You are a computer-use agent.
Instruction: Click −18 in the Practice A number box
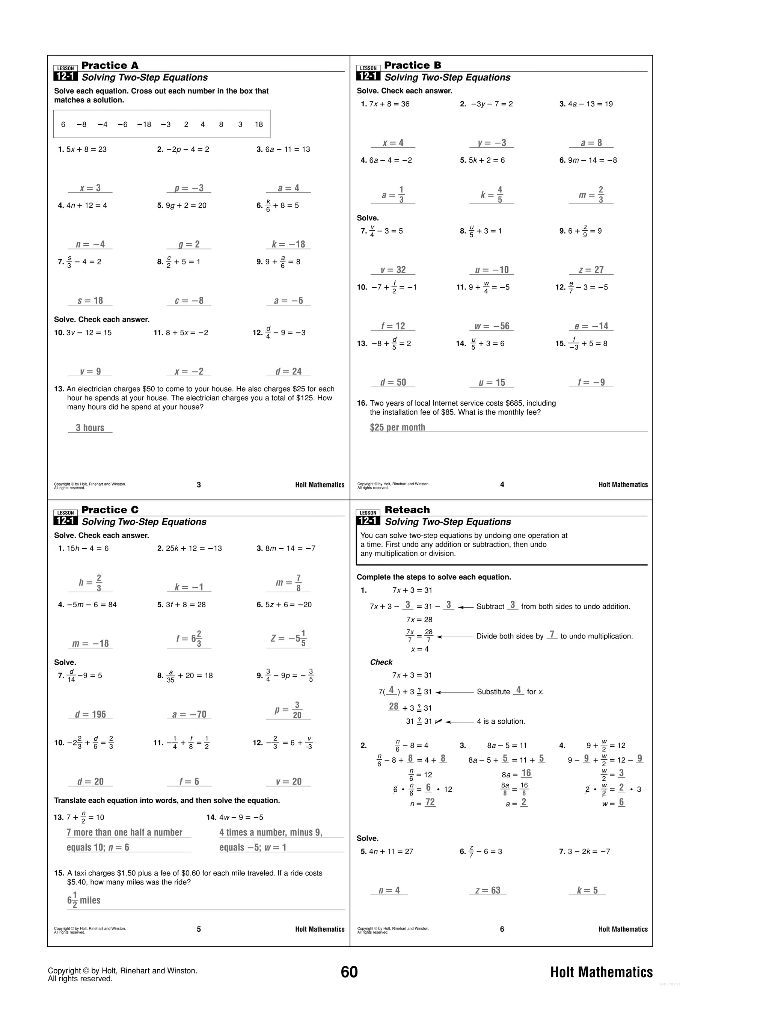tap(144, 124)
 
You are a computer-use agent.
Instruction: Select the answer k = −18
tap(288, 244)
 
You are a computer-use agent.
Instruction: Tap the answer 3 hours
tap(90, 428)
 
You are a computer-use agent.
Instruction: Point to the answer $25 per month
tap(397, 427)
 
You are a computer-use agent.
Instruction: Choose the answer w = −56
tap(492, 326)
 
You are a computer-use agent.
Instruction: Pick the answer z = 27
tap(591, 270)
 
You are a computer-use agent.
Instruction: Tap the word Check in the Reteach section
tap(381, 662)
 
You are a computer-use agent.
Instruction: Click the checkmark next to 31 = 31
tap(438, 721)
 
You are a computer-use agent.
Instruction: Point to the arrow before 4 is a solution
tap(459, 721)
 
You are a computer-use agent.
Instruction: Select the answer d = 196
tap(90, 714)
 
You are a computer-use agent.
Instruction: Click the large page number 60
tap(349, 972)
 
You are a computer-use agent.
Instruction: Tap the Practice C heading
tap(110, 510)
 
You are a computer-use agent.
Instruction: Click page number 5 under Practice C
tap(198, 929)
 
